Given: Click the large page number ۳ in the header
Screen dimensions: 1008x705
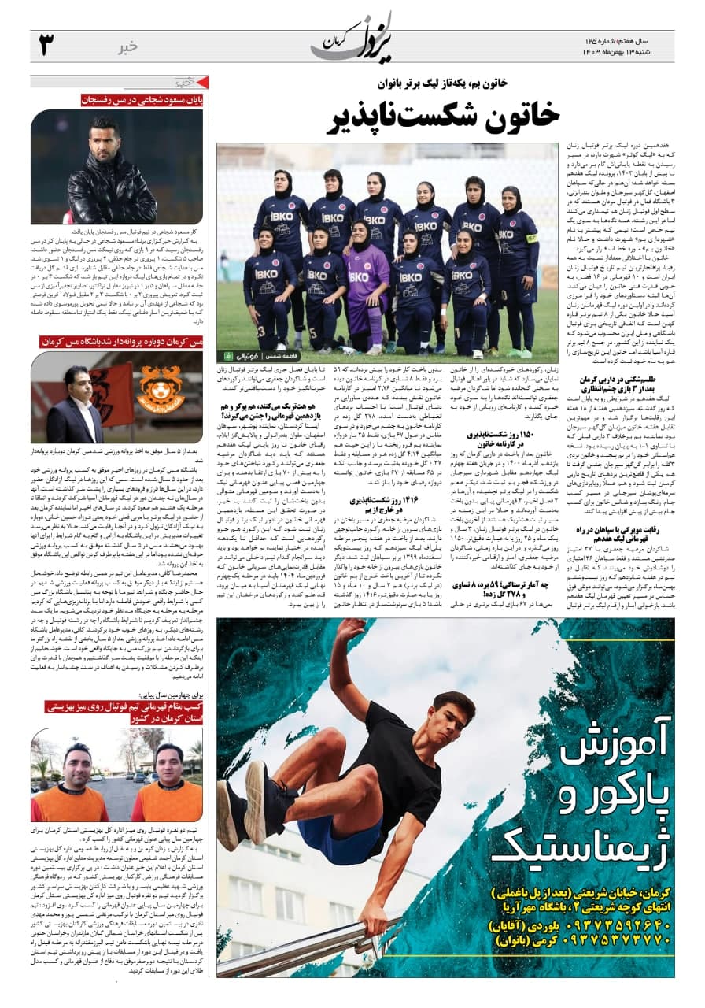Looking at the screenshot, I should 46,46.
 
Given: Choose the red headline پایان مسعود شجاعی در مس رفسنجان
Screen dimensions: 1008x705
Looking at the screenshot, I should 142,100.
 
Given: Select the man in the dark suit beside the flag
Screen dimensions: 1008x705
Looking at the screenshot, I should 75,406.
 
